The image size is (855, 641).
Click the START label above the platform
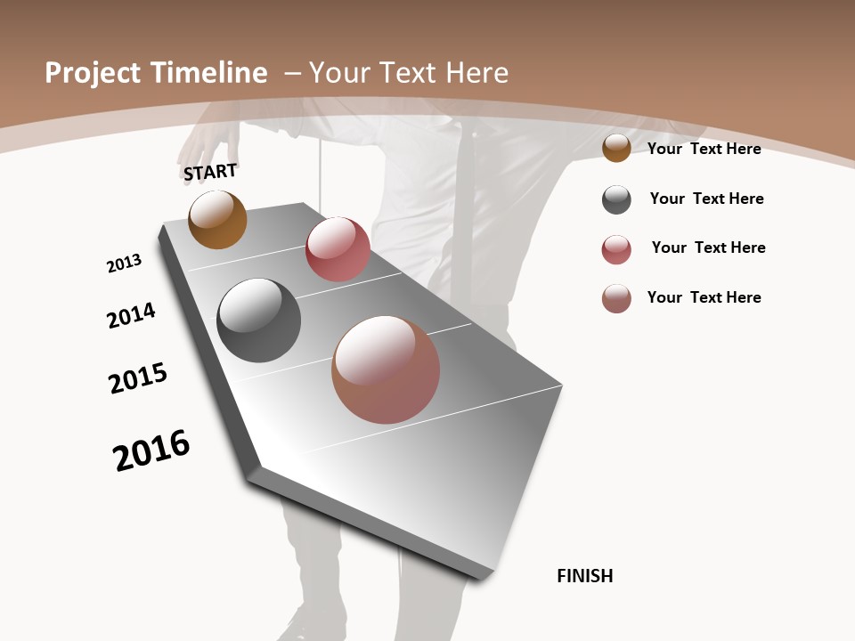point(210,172)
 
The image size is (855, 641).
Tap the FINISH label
point(585,576)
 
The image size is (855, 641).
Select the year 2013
point(124,264)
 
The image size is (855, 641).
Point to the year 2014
point(131,315)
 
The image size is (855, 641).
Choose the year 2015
point(138,378)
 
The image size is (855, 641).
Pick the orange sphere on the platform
point(217,219)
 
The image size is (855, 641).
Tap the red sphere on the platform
point(338,249)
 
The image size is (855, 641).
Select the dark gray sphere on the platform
point(258,320)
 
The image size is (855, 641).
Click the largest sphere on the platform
point(386,369)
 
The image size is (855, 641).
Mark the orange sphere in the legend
point(616,149)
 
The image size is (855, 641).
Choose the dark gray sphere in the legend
point(616,199)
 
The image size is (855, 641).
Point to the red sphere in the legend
point(616,249)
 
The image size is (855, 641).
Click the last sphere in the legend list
point(616,298)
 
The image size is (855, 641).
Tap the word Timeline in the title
point(208,73)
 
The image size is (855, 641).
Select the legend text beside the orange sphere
point(704,149)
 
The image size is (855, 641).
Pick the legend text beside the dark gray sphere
point(706,199)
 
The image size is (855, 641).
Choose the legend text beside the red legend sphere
point(708,247)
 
